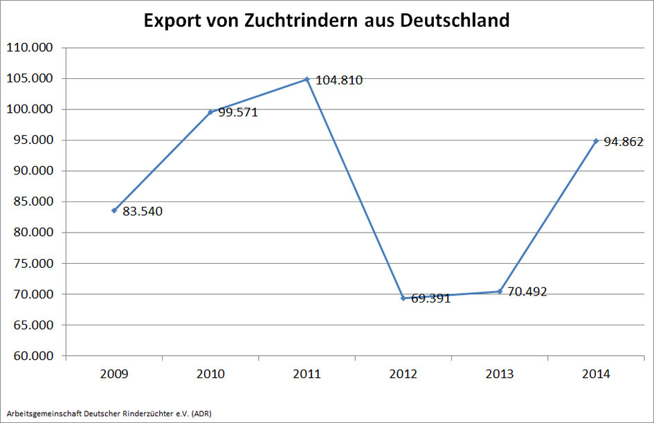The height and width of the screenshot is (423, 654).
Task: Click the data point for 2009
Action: (x=114, y=210)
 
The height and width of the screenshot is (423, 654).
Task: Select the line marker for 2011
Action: (x=307, y=80)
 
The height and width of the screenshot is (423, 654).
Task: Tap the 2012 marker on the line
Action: (x=403, y=298)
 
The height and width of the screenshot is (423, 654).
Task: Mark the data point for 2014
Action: (x=596, y=141)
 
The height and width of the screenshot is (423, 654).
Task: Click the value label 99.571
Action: (x=238, y=112)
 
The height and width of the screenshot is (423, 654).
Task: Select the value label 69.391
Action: (x=430, y=299)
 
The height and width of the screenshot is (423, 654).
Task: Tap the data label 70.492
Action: (x=527, y=291)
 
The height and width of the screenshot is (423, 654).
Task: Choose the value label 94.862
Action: (x=624, y=142)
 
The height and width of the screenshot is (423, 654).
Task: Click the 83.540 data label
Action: (x=143, y=211)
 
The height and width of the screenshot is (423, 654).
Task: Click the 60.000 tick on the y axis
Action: (x=33, y=356)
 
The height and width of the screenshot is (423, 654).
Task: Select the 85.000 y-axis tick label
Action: (x=33, y=202)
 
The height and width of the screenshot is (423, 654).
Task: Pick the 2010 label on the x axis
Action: (x=210, y=375)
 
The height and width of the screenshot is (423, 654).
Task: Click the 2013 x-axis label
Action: (x=500, y=375)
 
